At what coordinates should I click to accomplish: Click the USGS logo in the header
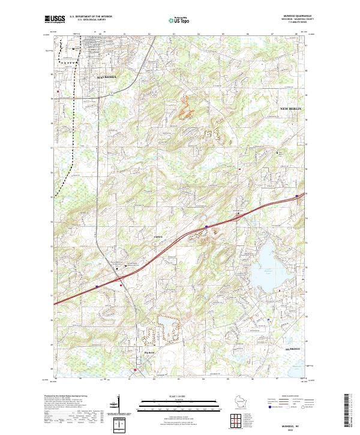pyautogui.click(x=56, y=20)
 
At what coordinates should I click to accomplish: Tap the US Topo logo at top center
pyautogui.click(x=180, y=20)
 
